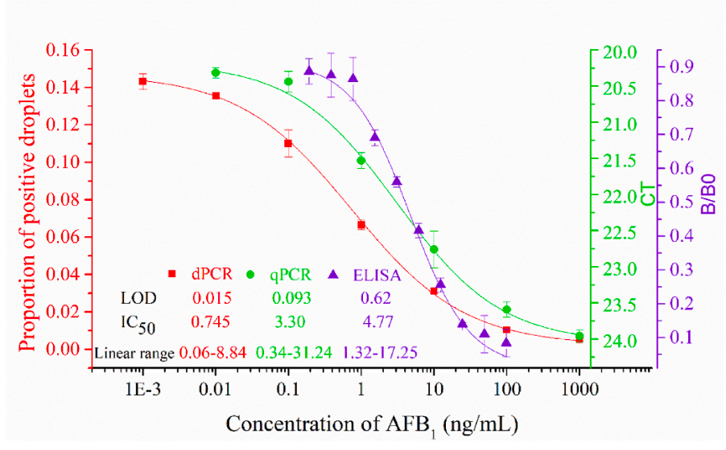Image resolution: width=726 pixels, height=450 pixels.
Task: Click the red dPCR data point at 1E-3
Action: [142, 81]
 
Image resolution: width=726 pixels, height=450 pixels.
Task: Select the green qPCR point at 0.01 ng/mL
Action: [216, 72]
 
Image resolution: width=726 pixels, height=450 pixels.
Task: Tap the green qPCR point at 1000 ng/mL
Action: [580, 335]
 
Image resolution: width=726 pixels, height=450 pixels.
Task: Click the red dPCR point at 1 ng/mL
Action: [361, 225]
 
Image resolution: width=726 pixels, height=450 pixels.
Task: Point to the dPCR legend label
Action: [208, 273]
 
